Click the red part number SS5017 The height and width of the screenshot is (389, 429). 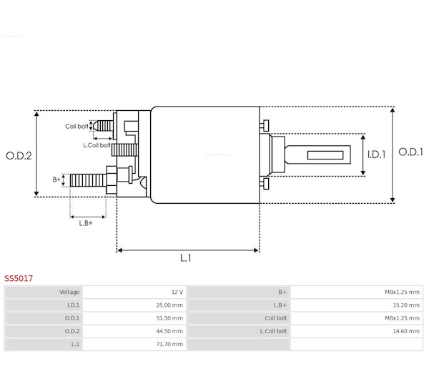(x=19, y=278)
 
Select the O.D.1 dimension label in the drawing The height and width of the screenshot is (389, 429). (x=410, y=152)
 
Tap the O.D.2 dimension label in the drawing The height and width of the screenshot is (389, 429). (x=19, y=156)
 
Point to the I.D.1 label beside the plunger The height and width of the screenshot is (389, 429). (x=377, y=155)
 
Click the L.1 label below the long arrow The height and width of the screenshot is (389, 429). (x=185, y=257)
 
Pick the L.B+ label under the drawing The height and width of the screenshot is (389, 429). (x=86, y=223)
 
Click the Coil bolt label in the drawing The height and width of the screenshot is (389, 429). (x=77, y=127)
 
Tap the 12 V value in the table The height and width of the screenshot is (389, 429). (x=177, y=292)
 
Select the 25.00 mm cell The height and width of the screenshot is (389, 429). (x=169, y=305)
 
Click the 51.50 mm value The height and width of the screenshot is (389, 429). (x=169, y=318)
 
